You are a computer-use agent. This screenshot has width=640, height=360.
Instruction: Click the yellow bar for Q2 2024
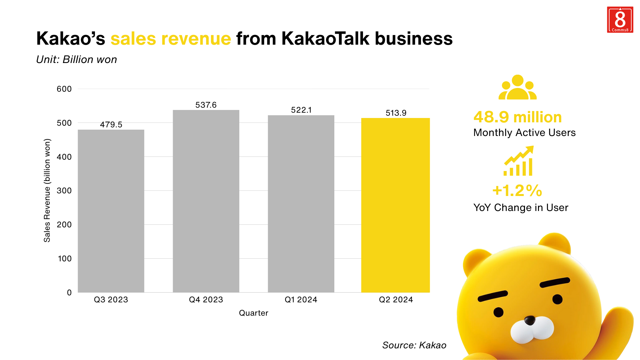click(395, 205)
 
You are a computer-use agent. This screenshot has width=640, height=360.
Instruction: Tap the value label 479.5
click(111, 125)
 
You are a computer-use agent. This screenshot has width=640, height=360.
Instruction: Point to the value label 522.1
click(301, 110)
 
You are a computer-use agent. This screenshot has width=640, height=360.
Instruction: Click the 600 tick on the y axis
click(64, 89)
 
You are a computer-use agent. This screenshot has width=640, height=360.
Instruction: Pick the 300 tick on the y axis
click(64, 191)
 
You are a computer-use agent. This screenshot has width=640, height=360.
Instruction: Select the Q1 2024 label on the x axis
click(301, 300)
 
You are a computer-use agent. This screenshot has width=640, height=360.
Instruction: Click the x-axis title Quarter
click(253, 313)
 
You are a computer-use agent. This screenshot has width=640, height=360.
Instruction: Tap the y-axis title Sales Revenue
click(47, 190)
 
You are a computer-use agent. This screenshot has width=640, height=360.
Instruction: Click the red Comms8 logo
click(620, 20)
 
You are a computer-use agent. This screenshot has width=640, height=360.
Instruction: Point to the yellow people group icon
click(517, 87)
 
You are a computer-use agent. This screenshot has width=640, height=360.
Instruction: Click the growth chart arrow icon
click(519, 161)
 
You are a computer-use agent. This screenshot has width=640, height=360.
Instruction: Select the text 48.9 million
click(517, 117)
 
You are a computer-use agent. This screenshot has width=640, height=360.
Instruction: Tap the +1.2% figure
click(517, 191)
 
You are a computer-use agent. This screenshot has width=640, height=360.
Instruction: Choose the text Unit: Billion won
click(77, 60)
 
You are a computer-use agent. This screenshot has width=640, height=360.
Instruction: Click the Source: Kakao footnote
click(414, 345)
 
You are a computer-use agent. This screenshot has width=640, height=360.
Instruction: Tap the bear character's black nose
click(529, 321)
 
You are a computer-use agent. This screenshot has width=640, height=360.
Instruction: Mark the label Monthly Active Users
click(524, 133)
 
